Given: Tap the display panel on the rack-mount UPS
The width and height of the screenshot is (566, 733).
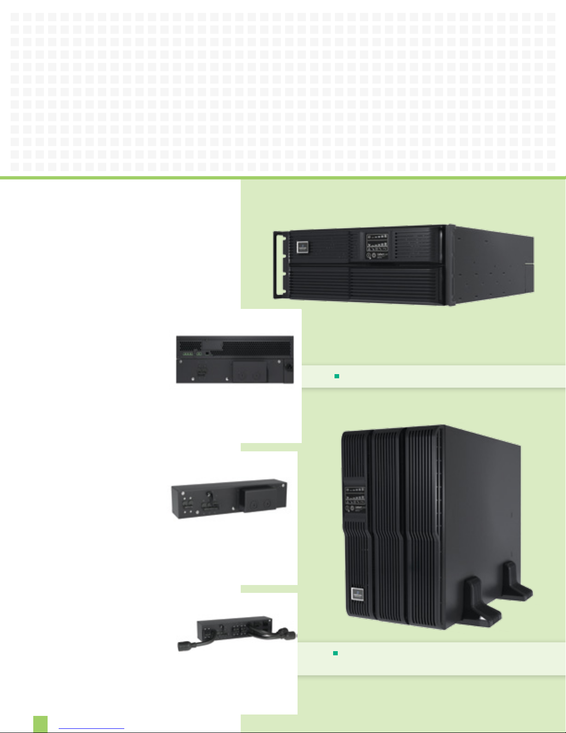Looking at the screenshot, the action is (x=377, y=246).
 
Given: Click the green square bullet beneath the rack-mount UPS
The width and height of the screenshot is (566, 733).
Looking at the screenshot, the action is (x=337, y=376).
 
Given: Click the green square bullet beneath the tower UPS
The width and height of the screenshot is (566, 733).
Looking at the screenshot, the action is (x=336, y=653).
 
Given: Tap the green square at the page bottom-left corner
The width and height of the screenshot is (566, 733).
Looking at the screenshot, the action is (x=40, y=724).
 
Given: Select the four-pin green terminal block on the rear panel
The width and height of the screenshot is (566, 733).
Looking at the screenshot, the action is (x=188, y=354).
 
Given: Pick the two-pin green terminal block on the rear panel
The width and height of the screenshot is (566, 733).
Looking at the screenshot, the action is (x=199, y=354).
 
